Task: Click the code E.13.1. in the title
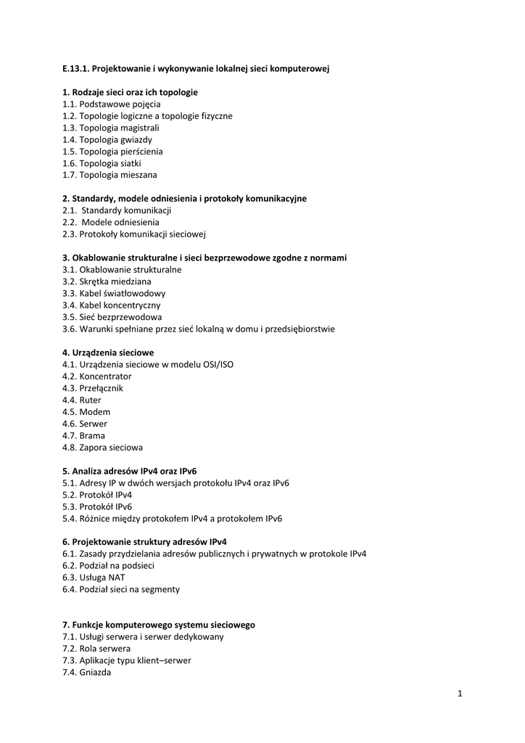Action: click(x=75, y=69)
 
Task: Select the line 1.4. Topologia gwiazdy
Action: click(x=107, y=139)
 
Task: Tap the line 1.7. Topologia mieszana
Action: click(x=109, y=175)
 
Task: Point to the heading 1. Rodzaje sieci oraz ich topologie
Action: click(x=130, y=92)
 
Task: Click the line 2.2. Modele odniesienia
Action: click(x=111, y=222)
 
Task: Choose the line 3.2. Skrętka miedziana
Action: click(x=107, y=282)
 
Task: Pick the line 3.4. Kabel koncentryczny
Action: click(x=112, y=305)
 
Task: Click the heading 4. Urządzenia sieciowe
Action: click(x=108, y=353)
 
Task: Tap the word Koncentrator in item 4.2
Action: click(x=106, y=377)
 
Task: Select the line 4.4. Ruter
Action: click(x=82, y=400)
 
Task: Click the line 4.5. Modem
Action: click(x=86, y=412)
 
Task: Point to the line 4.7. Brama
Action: click(x=83, y=435)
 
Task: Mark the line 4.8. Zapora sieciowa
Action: click(x=102, y=448)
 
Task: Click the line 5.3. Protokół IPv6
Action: click(x=97, y=506)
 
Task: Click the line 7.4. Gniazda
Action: click(x=86, y=673)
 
